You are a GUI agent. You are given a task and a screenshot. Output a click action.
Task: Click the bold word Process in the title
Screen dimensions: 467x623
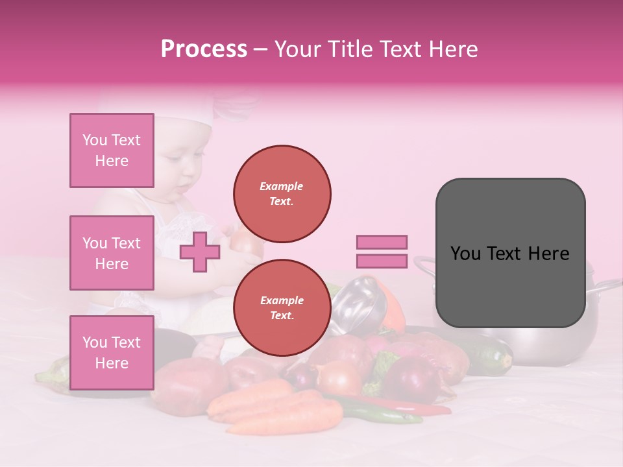(204, 49)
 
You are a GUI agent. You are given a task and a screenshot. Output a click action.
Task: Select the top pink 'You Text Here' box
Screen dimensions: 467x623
(112, 150)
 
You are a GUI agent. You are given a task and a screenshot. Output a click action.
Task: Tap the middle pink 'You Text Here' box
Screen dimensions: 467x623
(112, 253)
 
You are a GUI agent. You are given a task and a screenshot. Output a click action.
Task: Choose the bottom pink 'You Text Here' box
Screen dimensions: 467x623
(112, 352)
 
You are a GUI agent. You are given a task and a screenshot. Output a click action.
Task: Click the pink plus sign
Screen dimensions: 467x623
(199, 252)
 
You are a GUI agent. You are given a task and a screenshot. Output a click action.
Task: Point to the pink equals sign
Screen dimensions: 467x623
(382, 252)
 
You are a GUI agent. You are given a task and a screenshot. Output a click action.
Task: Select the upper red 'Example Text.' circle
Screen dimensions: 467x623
(282, 194)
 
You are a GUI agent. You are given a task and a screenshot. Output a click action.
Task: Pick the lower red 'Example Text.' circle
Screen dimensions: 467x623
(282, 308)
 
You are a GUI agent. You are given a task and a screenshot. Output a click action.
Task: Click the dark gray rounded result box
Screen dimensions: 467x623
(510, 253)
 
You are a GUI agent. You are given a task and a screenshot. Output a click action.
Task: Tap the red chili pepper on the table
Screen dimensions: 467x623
(415, 407)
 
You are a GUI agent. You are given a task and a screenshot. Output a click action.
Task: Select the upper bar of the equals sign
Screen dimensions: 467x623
(382, 242)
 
